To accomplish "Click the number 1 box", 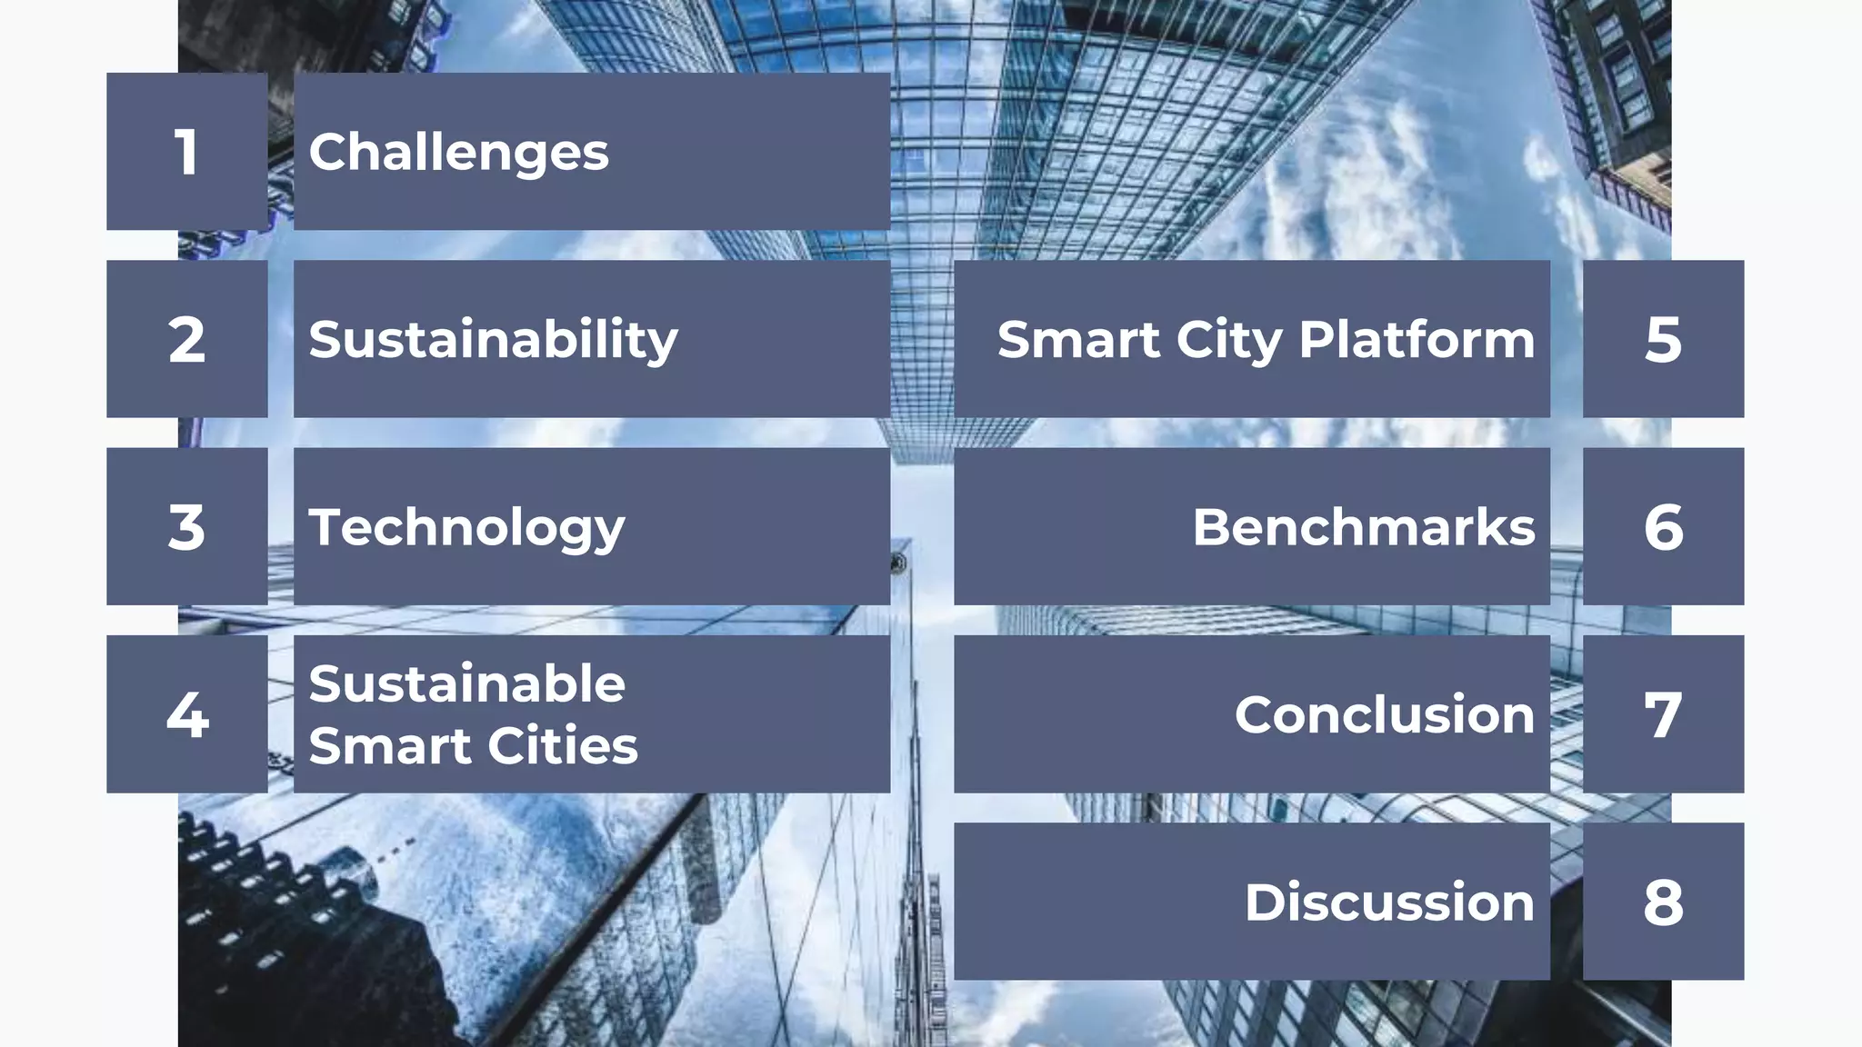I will pyautogui.click(x=186, y=152).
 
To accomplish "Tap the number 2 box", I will pyautogui.click(x=186, y=339).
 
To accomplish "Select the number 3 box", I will pyautogui.click(x=186, y=527).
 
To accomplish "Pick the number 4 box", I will pyautogui.click(x=186, y=714).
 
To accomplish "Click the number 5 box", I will pyautogui.click(x=1663, y=339).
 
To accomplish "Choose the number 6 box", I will pyautogui.click(x=1663, y=527).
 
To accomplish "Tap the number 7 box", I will pyautogui.click(x=1663, y=714).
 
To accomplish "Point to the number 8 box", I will pyautogui.click(x=1663, y=902).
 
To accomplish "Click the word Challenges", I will pyautogui.click(x=458, y=152).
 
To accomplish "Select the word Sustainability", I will pyautogui.click(x=493, y=341).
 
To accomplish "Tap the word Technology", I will pyautogui.click(x=466, y=528).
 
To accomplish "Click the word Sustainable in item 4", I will pyautogui.click(x=466, y=683).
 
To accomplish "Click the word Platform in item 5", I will pyautogui.click(x=1417, y=340).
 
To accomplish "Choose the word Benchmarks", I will pyautogui.click(x=1363, y=527).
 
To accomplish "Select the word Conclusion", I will pyautogui.click(x=1384, y=714).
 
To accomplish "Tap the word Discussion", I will pyautogui.click(x=1389, y=902).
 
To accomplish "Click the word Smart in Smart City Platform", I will pyautogui.click(x=1077, y=340).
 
